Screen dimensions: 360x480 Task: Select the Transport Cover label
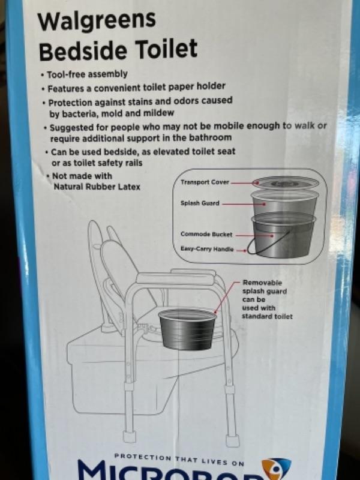[205, 182]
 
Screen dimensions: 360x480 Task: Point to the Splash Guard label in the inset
[200, 203]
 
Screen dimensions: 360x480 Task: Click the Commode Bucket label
[206, 235]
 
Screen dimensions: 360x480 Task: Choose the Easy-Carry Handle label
[207, 249]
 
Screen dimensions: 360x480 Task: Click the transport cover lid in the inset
[286, 183]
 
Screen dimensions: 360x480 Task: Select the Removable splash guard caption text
[267, 299]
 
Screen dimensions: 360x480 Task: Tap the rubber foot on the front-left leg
[130, 436]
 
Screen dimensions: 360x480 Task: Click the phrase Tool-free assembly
[88, 74]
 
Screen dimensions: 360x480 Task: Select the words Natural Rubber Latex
[97, 187]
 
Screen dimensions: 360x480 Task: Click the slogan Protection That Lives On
[179, 460]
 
